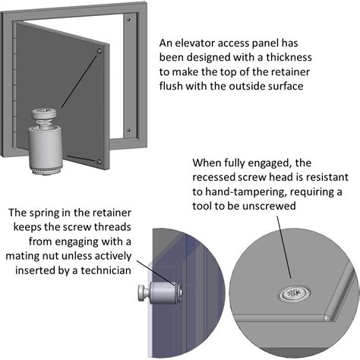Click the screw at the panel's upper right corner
pyautogui.click(x=100, y=49)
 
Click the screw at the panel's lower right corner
pyautogui.click(x=100, y=159)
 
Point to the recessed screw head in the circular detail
pyautogui.click(x=292, y=292)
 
